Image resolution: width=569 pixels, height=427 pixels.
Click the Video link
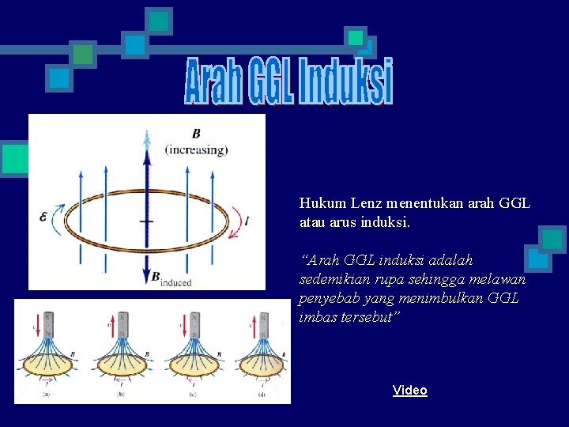click(409, 390)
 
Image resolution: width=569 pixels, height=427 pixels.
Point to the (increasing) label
click(196, 149)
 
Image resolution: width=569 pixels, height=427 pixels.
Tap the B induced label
click(171, 278)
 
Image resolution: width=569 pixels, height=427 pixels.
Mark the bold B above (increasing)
click(196, 134)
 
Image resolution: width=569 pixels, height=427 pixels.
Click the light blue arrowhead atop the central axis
click(146, 141)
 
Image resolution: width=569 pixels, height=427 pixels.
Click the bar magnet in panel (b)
click(122, 323)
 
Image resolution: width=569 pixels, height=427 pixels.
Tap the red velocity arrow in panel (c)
click(183, 327)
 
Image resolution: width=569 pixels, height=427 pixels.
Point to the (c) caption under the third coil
click(194, 392)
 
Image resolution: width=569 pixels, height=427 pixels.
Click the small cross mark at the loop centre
click(146, 221)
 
